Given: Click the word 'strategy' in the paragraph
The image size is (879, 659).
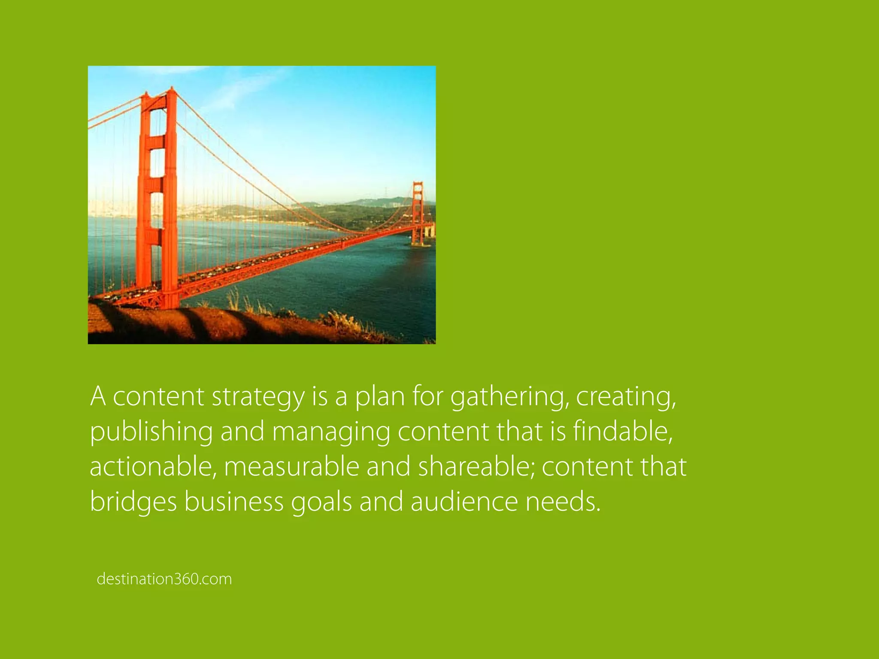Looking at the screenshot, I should point(258,397).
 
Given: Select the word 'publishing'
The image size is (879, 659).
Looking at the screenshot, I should point(151,432).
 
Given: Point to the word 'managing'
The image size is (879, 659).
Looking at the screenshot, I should point(331,432).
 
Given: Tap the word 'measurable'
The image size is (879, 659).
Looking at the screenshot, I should point(291,466).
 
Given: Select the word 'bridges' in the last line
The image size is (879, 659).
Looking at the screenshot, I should point(133,502).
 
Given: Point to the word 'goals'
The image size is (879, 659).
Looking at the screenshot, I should point(321,502).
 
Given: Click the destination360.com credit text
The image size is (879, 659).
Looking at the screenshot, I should point(164,579).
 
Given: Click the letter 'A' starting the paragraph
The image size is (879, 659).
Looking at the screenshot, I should point(98,396).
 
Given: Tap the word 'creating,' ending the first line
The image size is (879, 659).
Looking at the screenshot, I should point(626,397).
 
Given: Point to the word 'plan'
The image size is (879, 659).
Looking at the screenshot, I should point(379,397).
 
